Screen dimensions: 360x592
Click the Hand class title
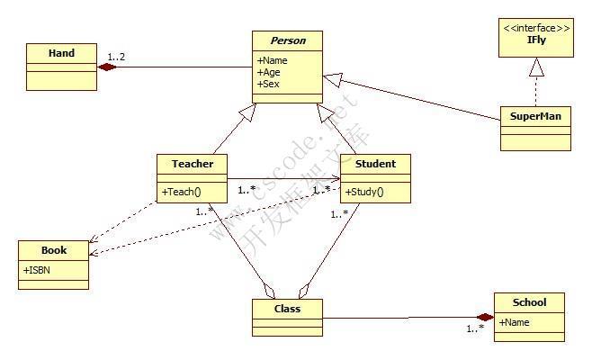[x=61, y=53]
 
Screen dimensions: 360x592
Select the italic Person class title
[x=288, y=40]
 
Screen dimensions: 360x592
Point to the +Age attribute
[x=268, y=73]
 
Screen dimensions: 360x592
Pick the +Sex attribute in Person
[x=267, y=84]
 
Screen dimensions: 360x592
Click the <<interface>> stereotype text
[x=536, y=29]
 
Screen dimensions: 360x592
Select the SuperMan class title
[x=535, y=117]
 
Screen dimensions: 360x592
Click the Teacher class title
[x=193, y=164]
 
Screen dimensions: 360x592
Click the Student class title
[x=375, y=164]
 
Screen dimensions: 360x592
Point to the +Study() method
[x=364, y=191]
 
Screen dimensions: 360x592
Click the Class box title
[x=287, y=309]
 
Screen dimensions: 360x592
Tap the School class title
[x=529, y=301]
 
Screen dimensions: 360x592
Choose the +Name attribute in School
[x=514, y=321]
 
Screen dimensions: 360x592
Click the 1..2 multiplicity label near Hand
[x=116, y=58]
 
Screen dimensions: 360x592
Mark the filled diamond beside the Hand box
[x=107, y=67]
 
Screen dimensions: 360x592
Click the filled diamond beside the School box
[x=486, y=317]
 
